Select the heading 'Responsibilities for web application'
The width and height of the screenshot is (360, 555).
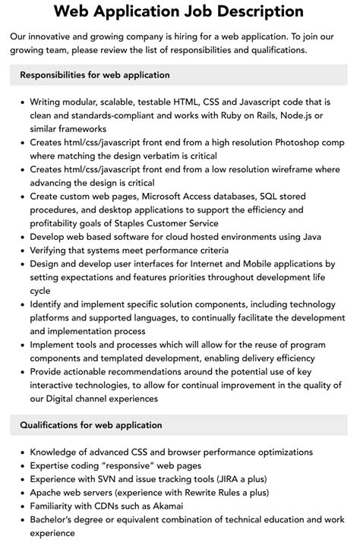tap(95, 75)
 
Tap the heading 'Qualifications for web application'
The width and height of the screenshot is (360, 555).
tap(91, 425)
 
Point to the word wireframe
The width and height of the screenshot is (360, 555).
tap(286, 169)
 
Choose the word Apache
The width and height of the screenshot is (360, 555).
tap(48, 493)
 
